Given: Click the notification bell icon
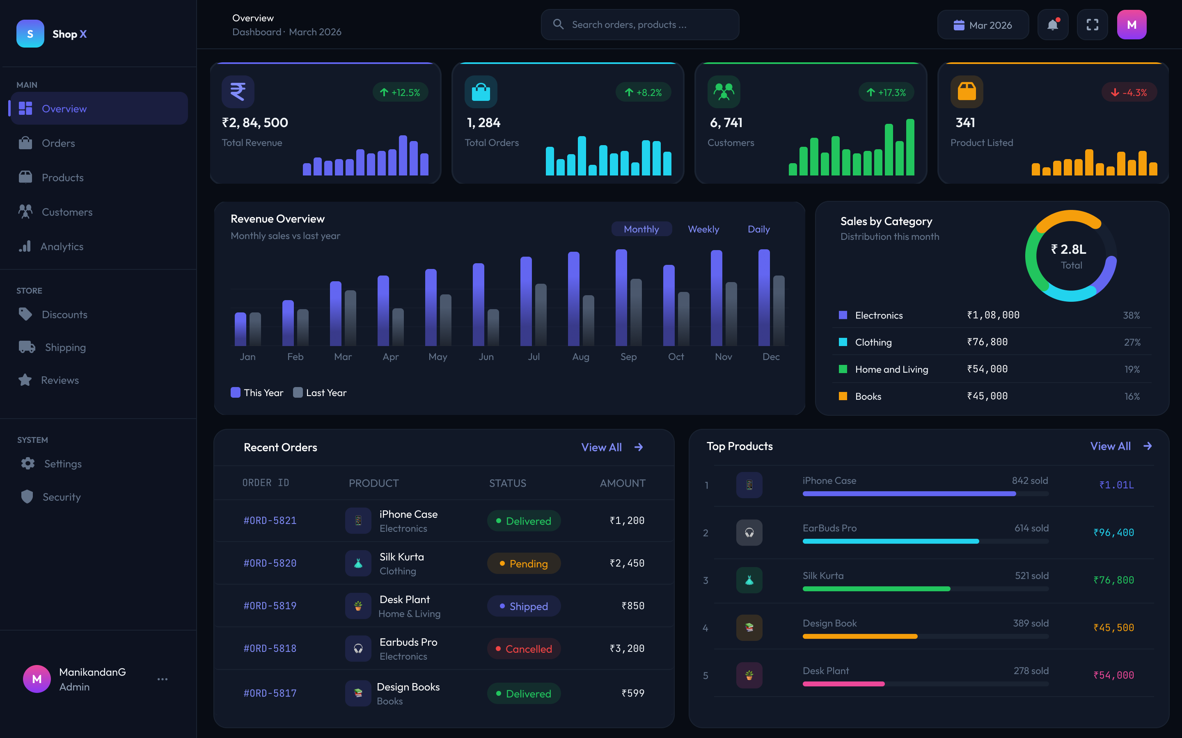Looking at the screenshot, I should (x=1053, y=25).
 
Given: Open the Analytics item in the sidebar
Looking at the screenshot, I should (x=62, y=246).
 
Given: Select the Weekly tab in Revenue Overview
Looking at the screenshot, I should (x=703, y=229).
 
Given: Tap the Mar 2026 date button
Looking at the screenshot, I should (x=983, y=25).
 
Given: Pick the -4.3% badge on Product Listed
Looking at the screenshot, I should (x=1129, y=92).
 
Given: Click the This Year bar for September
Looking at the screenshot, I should (x=621, y=298).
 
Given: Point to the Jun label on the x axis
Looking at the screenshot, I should (x=486, y=357).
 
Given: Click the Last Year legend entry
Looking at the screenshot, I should (x=320, y=392).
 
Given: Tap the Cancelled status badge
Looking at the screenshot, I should (x=524, y=649).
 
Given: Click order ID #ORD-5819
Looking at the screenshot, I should (x=270, y=606).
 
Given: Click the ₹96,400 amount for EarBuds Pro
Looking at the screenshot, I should (x=1113, y=533).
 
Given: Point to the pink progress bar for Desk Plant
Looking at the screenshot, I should (x=843, y=684).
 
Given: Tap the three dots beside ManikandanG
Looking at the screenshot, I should (x=163, y=679).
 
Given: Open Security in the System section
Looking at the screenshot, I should (x=62, y=497).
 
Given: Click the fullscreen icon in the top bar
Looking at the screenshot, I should (x=1092, y=25).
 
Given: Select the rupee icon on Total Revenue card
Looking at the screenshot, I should (x=238, y=91).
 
